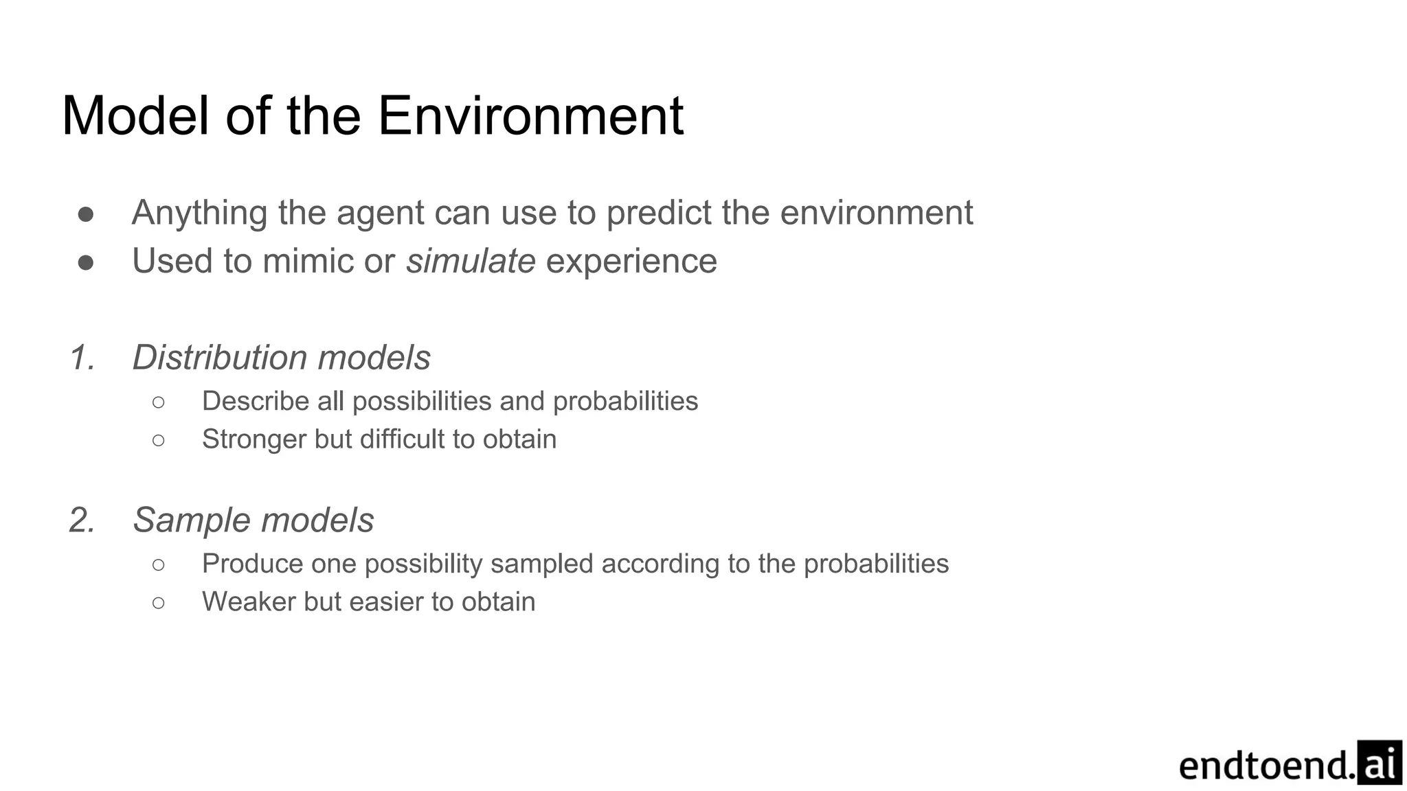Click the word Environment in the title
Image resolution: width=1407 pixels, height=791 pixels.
pyautogui.click(x=530, y=115)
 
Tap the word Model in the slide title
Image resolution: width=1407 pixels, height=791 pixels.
pyautogui.click(x=135, y=115)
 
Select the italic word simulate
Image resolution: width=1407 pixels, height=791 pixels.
pyautogui.click(x=471, y=261)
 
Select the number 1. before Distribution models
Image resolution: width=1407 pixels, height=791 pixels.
pyautogui.click(x=82, y=358)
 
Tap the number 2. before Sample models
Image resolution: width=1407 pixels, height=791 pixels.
pyautogui.click(x=82, y=520)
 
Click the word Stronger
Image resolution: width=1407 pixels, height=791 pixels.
pyautogui.click(x=254, y=439)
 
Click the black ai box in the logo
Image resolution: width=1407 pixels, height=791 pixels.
pyautogui.click(x=1379, y=762)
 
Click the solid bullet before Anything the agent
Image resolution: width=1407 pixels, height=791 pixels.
pyautogui.click(x=86, y=214)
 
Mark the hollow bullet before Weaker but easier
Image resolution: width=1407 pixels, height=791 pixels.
pyautogui.click(x=158, y=603)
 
